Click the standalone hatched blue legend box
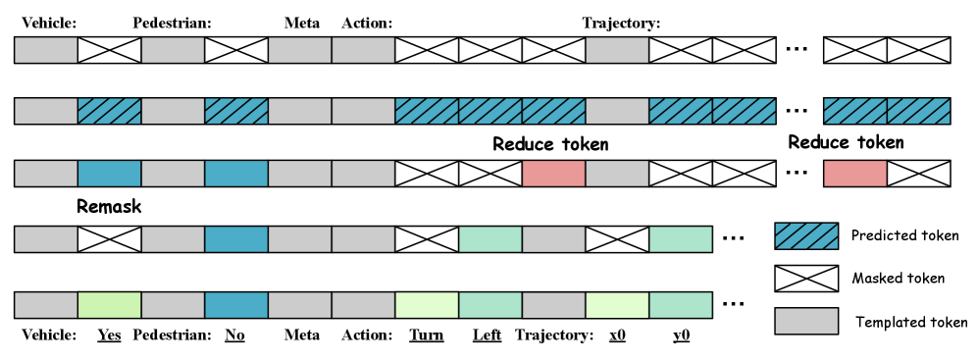(806, 236)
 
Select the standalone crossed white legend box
(806, 279)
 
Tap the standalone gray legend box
(806, 321)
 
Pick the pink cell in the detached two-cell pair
(855, 174)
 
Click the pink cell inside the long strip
(553, 174)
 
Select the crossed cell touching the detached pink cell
(918, 174)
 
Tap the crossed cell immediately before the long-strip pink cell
(490, 174)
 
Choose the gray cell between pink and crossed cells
(617, 174)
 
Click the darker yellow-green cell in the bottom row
(109, 305)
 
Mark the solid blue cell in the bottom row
(236, 305)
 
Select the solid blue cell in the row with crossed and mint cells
(236, 239)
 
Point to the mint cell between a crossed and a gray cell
(490, 239)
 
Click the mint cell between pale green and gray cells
(490, 305)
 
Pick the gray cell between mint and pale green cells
(553, 305)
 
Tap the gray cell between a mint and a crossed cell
(553, 239)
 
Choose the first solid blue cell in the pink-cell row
(109, 174)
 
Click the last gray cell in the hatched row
(617, 111)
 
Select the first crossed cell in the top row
(109, 50)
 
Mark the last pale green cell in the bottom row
(617, 305)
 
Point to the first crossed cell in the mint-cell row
(109, 239)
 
